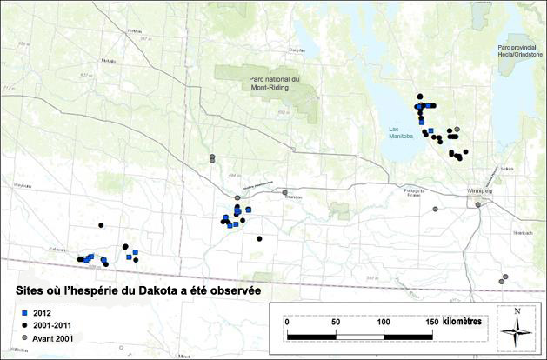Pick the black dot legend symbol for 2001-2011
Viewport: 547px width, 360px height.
[x=25, y=324]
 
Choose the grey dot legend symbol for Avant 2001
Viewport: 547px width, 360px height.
[x=25, y=337]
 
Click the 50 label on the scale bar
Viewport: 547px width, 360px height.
[x=335, y=322]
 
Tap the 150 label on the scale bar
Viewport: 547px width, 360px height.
[x=428, y=322]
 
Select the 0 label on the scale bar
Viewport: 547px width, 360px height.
[x=288, y=322]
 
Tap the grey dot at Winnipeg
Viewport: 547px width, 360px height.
[x=477, y=205]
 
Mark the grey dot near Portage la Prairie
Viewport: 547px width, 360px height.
[x=436, y=209]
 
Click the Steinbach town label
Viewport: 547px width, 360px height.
[x=497, y=233]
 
